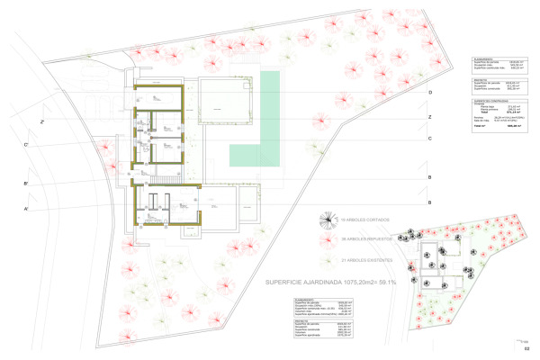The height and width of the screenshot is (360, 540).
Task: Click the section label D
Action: coord(430,94)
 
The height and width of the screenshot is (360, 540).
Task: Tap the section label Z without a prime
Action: coord(430,118)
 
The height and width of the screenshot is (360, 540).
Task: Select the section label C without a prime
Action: coord(430,138)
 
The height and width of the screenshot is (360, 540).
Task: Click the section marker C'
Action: coord(26,145)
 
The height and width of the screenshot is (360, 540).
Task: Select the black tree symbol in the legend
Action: coord(328,219)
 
